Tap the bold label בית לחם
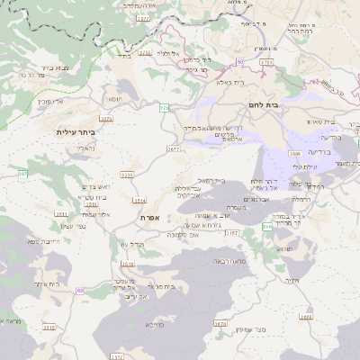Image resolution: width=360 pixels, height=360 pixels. pyautogui.click(x=286, y=105)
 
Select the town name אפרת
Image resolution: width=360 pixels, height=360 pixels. pyautogui.click(x=149, y=218)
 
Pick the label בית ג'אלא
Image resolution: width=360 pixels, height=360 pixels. pyautogui.click(x=232, y=81)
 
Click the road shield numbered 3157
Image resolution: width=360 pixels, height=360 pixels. pyautogui.click(x=232, y=232)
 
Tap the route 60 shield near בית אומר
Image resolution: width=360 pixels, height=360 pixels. pyautogui.click(x=80, y=290)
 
